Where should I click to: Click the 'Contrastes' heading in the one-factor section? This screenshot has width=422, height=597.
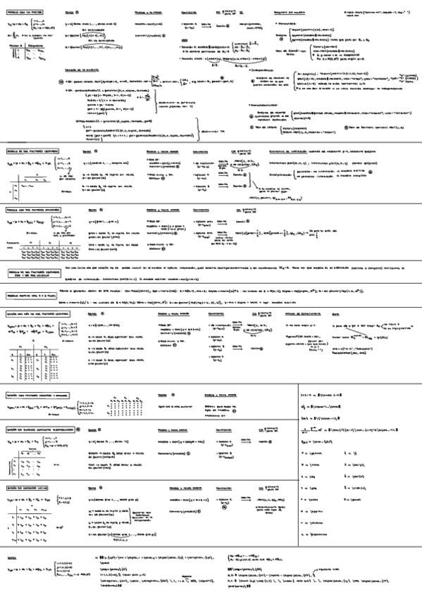[188, 13]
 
